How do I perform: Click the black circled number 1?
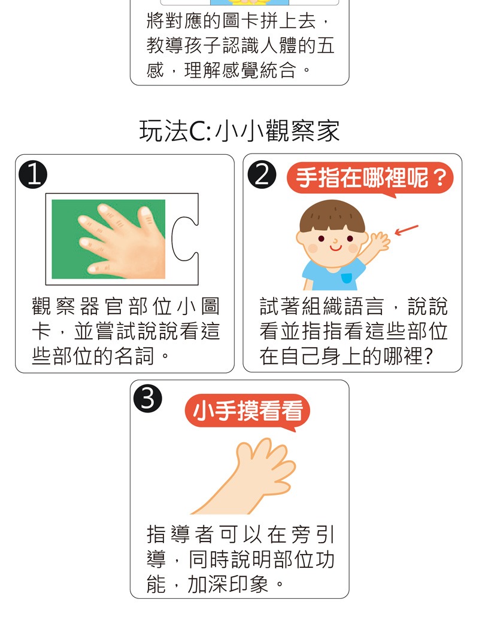pyautogui.click(x=33, y=175)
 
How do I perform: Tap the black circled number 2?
pyautogui.click(x=262, y=175)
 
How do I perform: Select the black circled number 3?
pyautogui.click(x=148, y=399)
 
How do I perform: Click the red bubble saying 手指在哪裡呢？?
pyautogui.click(x=370, y=178)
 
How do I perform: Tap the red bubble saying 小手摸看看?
pyautogui.click(x=247, y=411)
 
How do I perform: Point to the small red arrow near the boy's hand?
pyautogui.click(x=407, y=230)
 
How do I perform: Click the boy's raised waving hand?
pyautogui.click(x=379, y=241)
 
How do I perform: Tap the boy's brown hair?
pyautogui.click(x=332, y=216)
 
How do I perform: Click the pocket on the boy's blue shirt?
pyautogui.click(x=347, y=279)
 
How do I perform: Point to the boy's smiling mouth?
pyautogui.click(x=335, y=249)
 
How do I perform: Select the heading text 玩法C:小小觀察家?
pyautogui.click(x=239, y=131)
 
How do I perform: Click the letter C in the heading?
pyautogui.click(x=197, y=131)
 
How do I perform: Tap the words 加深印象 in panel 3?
pyautogui.click(x=228, y=584)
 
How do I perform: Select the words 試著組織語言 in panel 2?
pyautogui.click(x=322, y=306)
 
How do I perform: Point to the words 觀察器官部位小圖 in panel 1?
pyautogui.click(x=125, y=306)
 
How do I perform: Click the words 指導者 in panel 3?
pyautogui.click(x=180, y=534)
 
